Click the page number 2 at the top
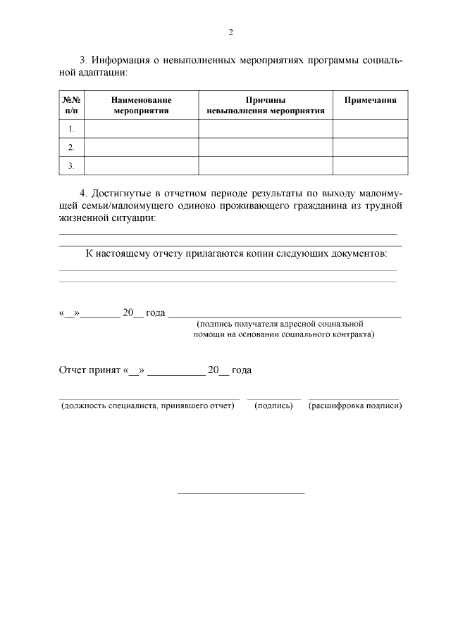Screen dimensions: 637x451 click(x=230, y=32)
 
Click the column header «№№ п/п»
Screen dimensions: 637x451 click(x=71, y=105)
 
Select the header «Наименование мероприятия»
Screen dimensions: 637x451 click(x=141, y=105)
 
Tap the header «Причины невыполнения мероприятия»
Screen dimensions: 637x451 click(x=265, y=105)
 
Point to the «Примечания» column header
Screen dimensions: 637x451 click(x=370, y=100)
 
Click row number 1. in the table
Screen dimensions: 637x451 click(x=71, y=129)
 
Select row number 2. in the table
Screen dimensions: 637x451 click(x=71, y=147)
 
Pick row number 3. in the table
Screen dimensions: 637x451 click(x=71, y=165)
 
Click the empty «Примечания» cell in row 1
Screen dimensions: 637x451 click(x=370, y=129)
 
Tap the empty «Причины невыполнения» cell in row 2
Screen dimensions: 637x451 click(x=265, y=147)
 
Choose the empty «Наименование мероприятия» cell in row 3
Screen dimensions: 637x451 click(x=141, y=165)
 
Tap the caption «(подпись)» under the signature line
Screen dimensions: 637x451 click(x=273, y=406)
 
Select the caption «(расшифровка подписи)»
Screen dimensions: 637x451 click(x=355, y=406)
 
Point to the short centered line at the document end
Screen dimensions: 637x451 click(x=240, y=493)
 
